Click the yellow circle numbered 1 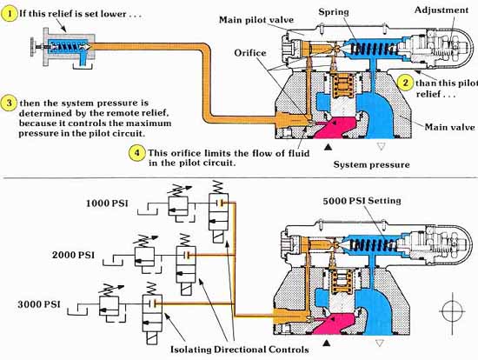point(10,14)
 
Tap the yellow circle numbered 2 point(405,83)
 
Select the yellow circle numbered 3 point(10,103)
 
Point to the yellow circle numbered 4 point(136,152)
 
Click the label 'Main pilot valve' point(256,20)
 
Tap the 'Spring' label point(334,12)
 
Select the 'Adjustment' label point(441,10)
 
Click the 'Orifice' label point(250,53)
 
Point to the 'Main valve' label point(449,127)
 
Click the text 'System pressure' point(371,164)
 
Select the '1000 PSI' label point(107,203)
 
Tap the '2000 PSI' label point(73,255)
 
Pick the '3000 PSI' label point(39,304)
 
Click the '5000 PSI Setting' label point(362,201)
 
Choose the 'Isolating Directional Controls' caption point(240,350)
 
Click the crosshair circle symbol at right point(453,312)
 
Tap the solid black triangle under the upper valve point(328,147)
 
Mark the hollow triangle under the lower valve point(380,343)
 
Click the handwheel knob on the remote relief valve point(32,47)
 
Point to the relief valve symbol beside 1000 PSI point(178,203)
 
